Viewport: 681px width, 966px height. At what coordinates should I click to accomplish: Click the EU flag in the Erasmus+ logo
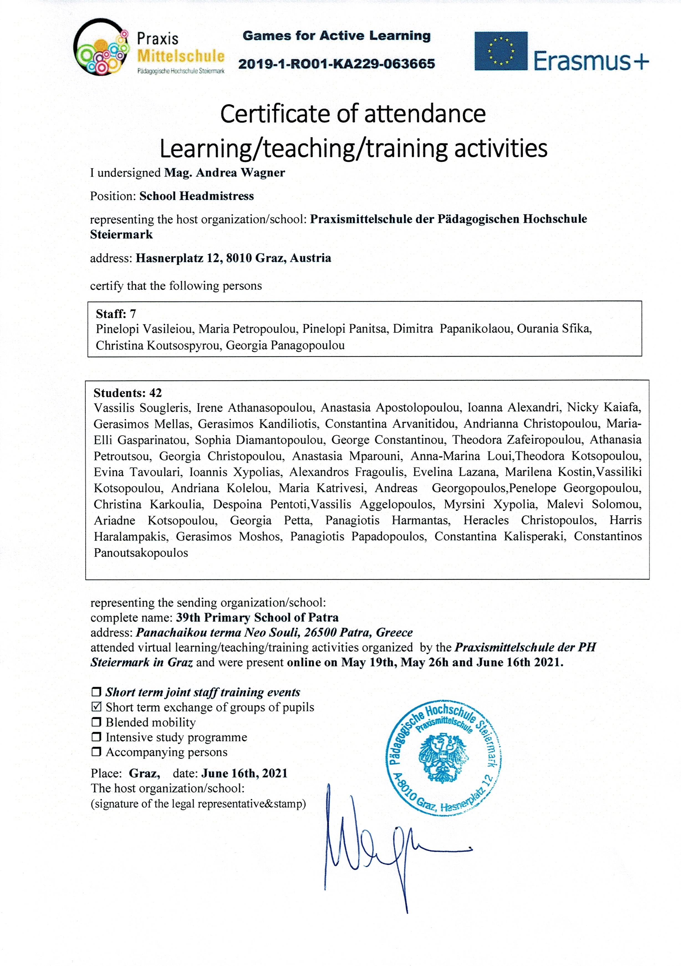[501, 51]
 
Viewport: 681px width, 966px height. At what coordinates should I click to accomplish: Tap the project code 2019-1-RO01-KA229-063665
[336, 64]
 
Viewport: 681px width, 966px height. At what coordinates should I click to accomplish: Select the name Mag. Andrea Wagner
[225, 173]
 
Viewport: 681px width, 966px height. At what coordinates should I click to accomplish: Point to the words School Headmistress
[197, 196]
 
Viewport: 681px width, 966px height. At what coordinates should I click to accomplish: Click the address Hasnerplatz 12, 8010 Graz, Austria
[233, 258]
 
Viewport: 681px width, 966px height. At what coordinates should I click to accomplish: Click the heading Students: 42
[127, 393]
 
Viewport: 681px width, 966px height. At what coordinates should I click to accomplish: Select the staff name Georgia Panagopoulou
[285, 346]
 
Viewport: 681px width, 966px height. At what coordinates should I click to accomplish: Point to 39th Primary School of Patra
[257, 618]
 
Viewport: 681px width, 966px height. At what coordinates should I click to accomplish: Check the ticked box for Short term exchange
[96, 707]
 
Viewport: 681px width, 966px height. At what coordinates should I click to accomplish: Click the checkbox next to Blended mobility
[96, 722]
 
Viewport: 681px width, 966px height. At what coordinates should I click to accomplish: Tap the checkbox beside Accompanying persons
[96, 752]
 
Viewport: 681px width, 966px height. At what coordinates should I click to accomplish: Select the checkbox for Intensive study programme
[96, 737]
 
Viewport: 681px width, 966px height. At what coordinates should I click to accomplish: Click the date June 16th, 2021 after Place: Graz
[244, 773]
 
